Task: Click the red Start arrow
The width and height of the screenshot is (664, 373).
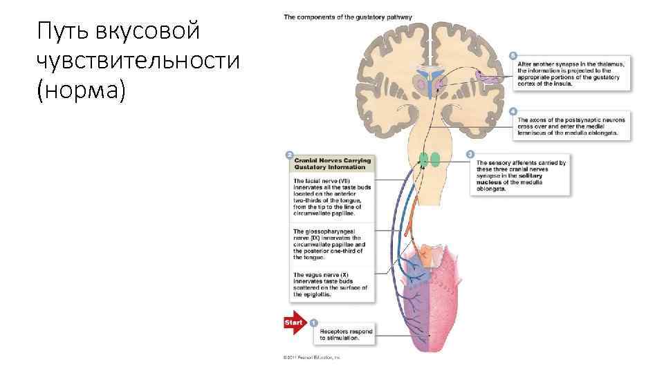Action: coord(293,323)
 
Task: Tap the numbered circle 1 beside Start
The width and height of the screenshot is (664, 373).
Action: coord(313,323)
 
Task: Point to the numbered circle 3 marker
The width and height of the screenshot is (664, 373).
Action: coord(470,153)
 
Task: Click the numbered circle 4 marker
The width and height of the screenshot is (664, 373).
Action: coord(512,111)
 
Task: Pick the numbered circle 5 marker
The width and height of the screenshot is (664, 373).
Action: coord(512,55)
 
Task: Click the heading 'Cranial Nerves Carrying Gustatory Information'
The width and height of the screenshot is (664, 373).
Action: coord(333,164)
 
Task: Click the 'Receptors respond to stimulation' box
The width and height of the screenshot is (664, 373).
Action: coord(346,335)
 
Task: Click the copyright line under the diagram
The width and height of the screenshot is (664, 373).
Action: coord(311,358)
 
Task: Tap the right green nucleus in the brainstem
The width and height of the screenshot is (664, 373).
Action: coord(435,160)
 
